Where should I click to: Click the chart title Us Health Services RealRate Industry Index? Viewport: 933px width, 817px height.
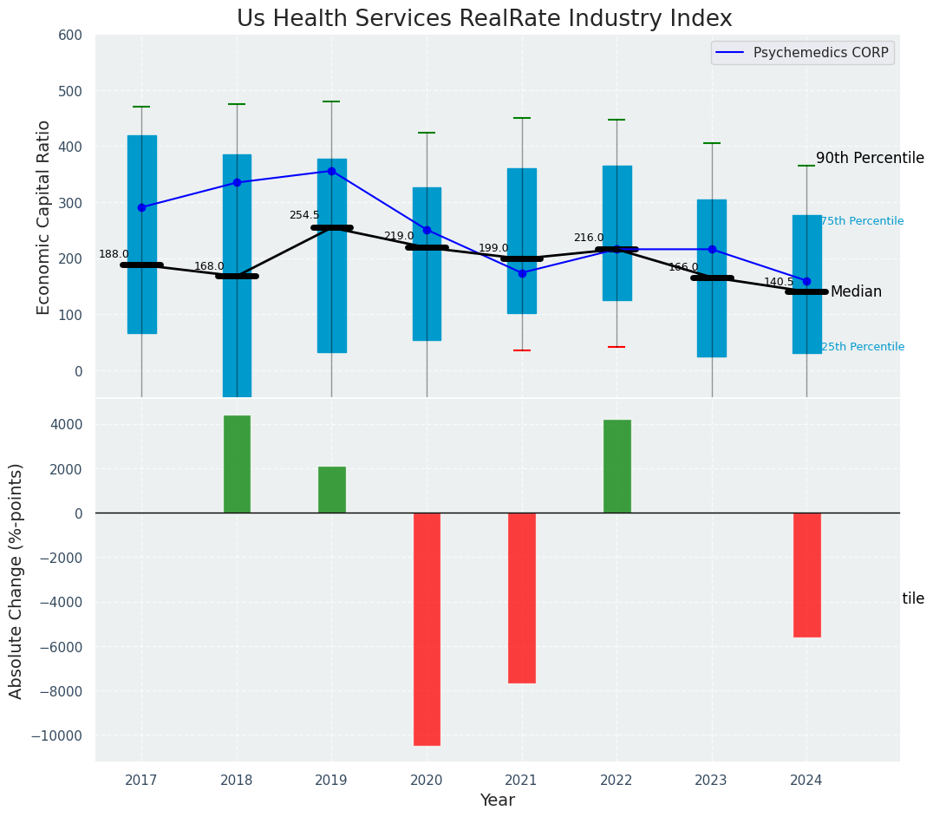point(484,19)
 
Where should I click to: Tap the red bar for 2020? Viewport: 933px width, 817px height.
point(427,629)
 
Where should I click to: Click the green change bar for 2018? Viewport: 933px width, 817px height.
point(237,464)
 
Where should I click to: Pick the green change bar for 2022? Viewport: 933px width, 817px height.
point(617,467)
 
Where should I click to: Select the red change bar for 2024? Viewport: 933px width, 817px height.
point(806,574)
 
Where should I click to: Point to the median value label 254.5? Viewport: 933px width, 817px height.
point(304,215)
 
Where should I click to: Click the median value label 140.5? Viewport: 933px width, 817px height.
point(779,282)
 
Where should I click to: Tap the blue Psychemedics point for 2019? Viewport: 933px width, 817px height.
point(331,171)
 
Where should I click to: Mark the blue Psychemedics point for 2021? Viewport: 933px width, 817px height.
point(522,273)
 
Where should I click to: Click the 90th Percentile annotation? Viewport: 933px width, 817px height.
point(870,158)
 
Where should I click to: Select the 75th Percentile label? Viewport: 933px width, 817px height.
point(862,222)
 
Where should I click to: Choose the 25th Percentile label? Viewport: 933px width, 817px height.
point(862,347)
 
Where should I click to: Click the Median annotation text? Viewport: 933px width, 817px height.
point(856,292)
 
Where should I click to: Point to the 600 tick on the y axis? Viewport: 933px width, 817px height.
point(69,36)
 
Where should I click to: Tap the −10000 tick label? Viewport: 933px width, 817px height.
point(55,735)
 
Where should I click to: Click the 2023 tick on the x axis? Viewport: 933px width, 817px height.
point(712,781)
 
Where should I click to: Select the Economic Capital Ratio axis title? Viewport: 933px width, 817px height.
point(44,217)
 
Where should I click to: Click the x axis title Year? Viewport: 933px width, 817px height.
point(498,801)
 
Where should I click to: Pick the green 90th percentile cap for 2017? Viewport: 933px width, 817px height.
point(141,107)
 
